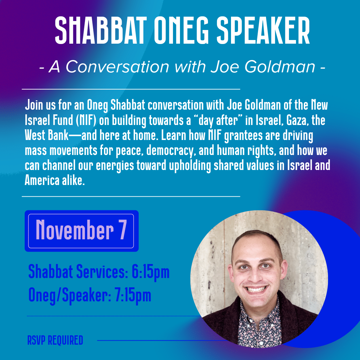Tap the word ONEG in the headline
click(181, 30)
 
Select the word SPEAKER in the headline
click(263, 30)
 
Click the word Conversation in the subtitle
click(118, 67)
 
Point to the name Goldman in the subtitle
click(280, 67)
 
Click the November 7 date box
click(82, 231)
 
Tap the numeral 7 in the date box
click(123, 230)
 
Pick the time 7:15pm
click(133, 295)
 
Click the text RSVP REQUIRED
click(55, 340)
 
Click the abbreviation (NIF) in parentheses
click(86, 121)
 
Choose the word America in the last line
click(42, 180)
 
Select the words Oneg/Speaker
click(70, 295)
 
